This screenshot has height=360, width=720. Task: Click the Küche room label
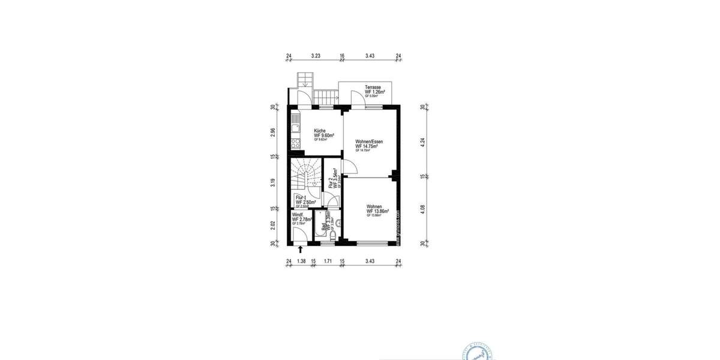(320, 131)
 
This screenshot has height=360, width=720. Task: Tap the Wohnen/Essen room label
(368, 142)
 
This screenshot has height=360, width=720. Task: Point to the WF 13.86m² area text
(378, 212)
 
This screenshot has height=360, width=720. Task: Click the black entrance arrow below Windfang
(301, 248)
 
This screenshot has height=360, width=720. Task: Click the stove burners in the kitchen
(295, 143)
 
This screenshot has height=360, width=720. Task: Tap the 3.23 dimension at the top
(316, 56)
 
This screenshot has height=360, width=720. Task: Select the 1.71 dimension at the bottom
(328, 262)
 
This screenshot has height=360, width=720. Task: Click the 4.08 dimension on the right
(423, 209)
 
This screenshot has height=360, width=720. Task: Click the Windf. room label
(298, 215)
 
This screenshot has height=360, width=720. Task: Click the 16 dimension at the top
(342, 56)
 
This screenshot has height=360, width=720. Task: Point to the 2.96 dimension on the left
(272, 133)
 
